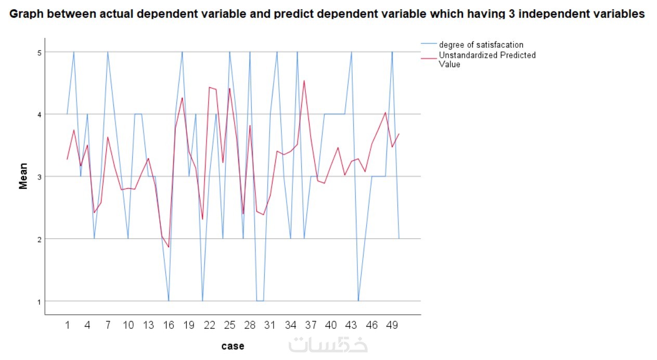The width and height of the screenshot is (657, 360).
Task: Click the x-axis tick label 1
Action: coord(67,325)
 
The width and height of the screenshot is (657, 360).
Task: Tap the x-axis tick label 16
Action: coord(169,325)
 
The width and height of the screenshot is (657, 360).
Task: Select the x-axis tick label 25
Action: coord(229,325)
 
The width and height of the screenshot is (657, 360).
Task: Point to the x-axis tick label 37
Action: coord(311,325)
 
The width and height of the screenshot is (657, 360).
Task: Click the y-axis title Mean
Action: coord(23,177)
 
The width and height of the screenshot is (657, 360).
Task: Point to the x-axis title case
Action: coord(233,346)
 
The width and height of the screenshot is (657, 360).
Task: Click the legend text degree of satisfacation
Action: coord(481,45)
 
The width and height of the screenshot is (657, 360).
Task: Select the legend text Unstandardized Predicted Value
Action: coord(487,59)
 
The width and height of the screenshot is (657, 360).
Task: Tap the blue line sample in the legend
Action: coord(429,45)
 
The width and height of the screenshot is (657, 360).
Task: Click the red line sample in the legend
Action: coord(429,59)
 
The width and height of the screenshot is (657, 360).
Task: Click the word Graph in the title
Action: coord(27,14)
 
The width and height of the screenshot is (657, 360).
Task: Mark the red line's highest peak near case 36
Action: coord(304,81)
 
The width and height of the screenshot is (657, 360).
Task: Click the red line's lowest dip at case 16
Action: coord(169,247)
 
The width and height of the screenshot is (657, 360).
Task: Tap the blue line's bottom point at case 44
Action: coord(358,301)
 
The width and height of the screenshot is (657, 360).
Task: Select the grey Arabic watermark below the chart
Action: coord(328,344)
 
